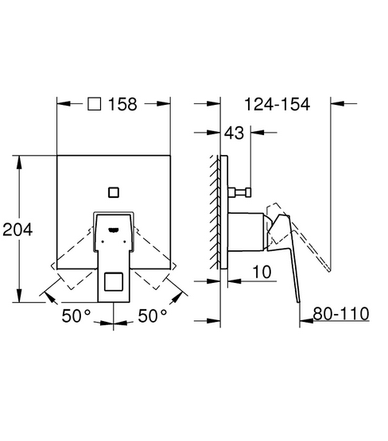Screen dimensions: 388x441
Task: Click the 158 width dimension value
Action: pos(122,104)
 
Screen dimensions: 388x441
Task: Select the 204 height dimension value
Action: pos(17,229)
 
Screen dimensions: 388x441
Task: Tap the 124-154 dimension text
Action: pos(277,104)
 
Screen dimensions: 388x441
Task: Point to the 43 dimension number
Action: pos(234,133)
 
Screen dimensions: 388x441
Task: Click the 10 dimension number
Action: pos(262,272)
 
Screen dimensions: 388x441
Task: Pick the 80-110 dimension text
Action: pos(341,313)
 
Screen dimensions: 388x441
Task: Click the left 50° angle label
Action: pos(76,315)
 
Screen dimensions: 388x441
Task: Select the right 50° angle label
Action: pos(153,315)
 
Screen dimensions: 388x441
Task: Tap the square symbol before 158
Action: pos(94,104)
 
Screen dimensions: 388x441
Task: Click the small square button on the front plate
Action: pos(114,192)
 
